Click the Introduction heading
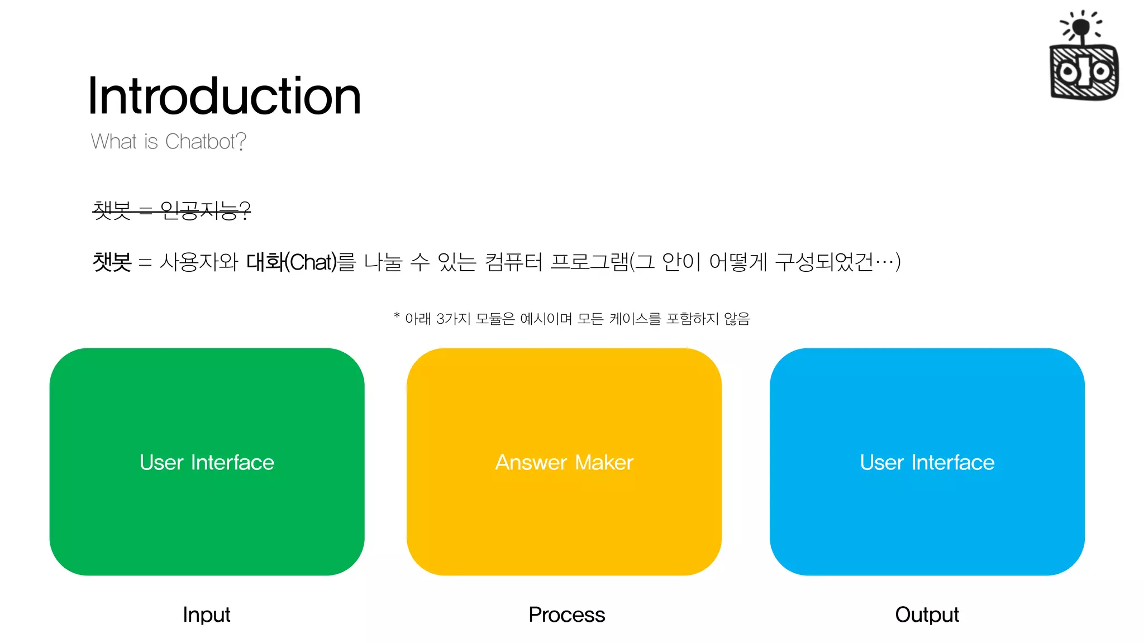coord(225,96)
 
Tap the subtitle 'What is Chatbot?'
coord(168,142)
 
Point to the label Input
coord(207,615)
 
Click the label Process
coord(566,615)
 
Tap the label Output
coord(927,615)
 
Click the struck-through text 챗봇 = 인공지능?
coord(171,210)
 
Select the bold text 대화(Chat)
coord(292,262)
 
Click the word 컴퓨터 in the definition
coord(513,262)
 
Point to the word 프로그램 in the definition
coord(589,262)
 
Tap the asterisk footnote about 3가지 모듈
coord(572,319)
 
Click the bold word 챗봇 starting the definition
coord(112,262)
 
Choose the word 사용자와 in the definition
coord(199,262)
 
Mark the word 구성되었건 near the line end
coord(824,262)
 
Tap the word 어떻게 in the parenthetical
coord(738,262)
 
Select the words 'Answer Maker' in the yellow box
coord(564,462)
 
